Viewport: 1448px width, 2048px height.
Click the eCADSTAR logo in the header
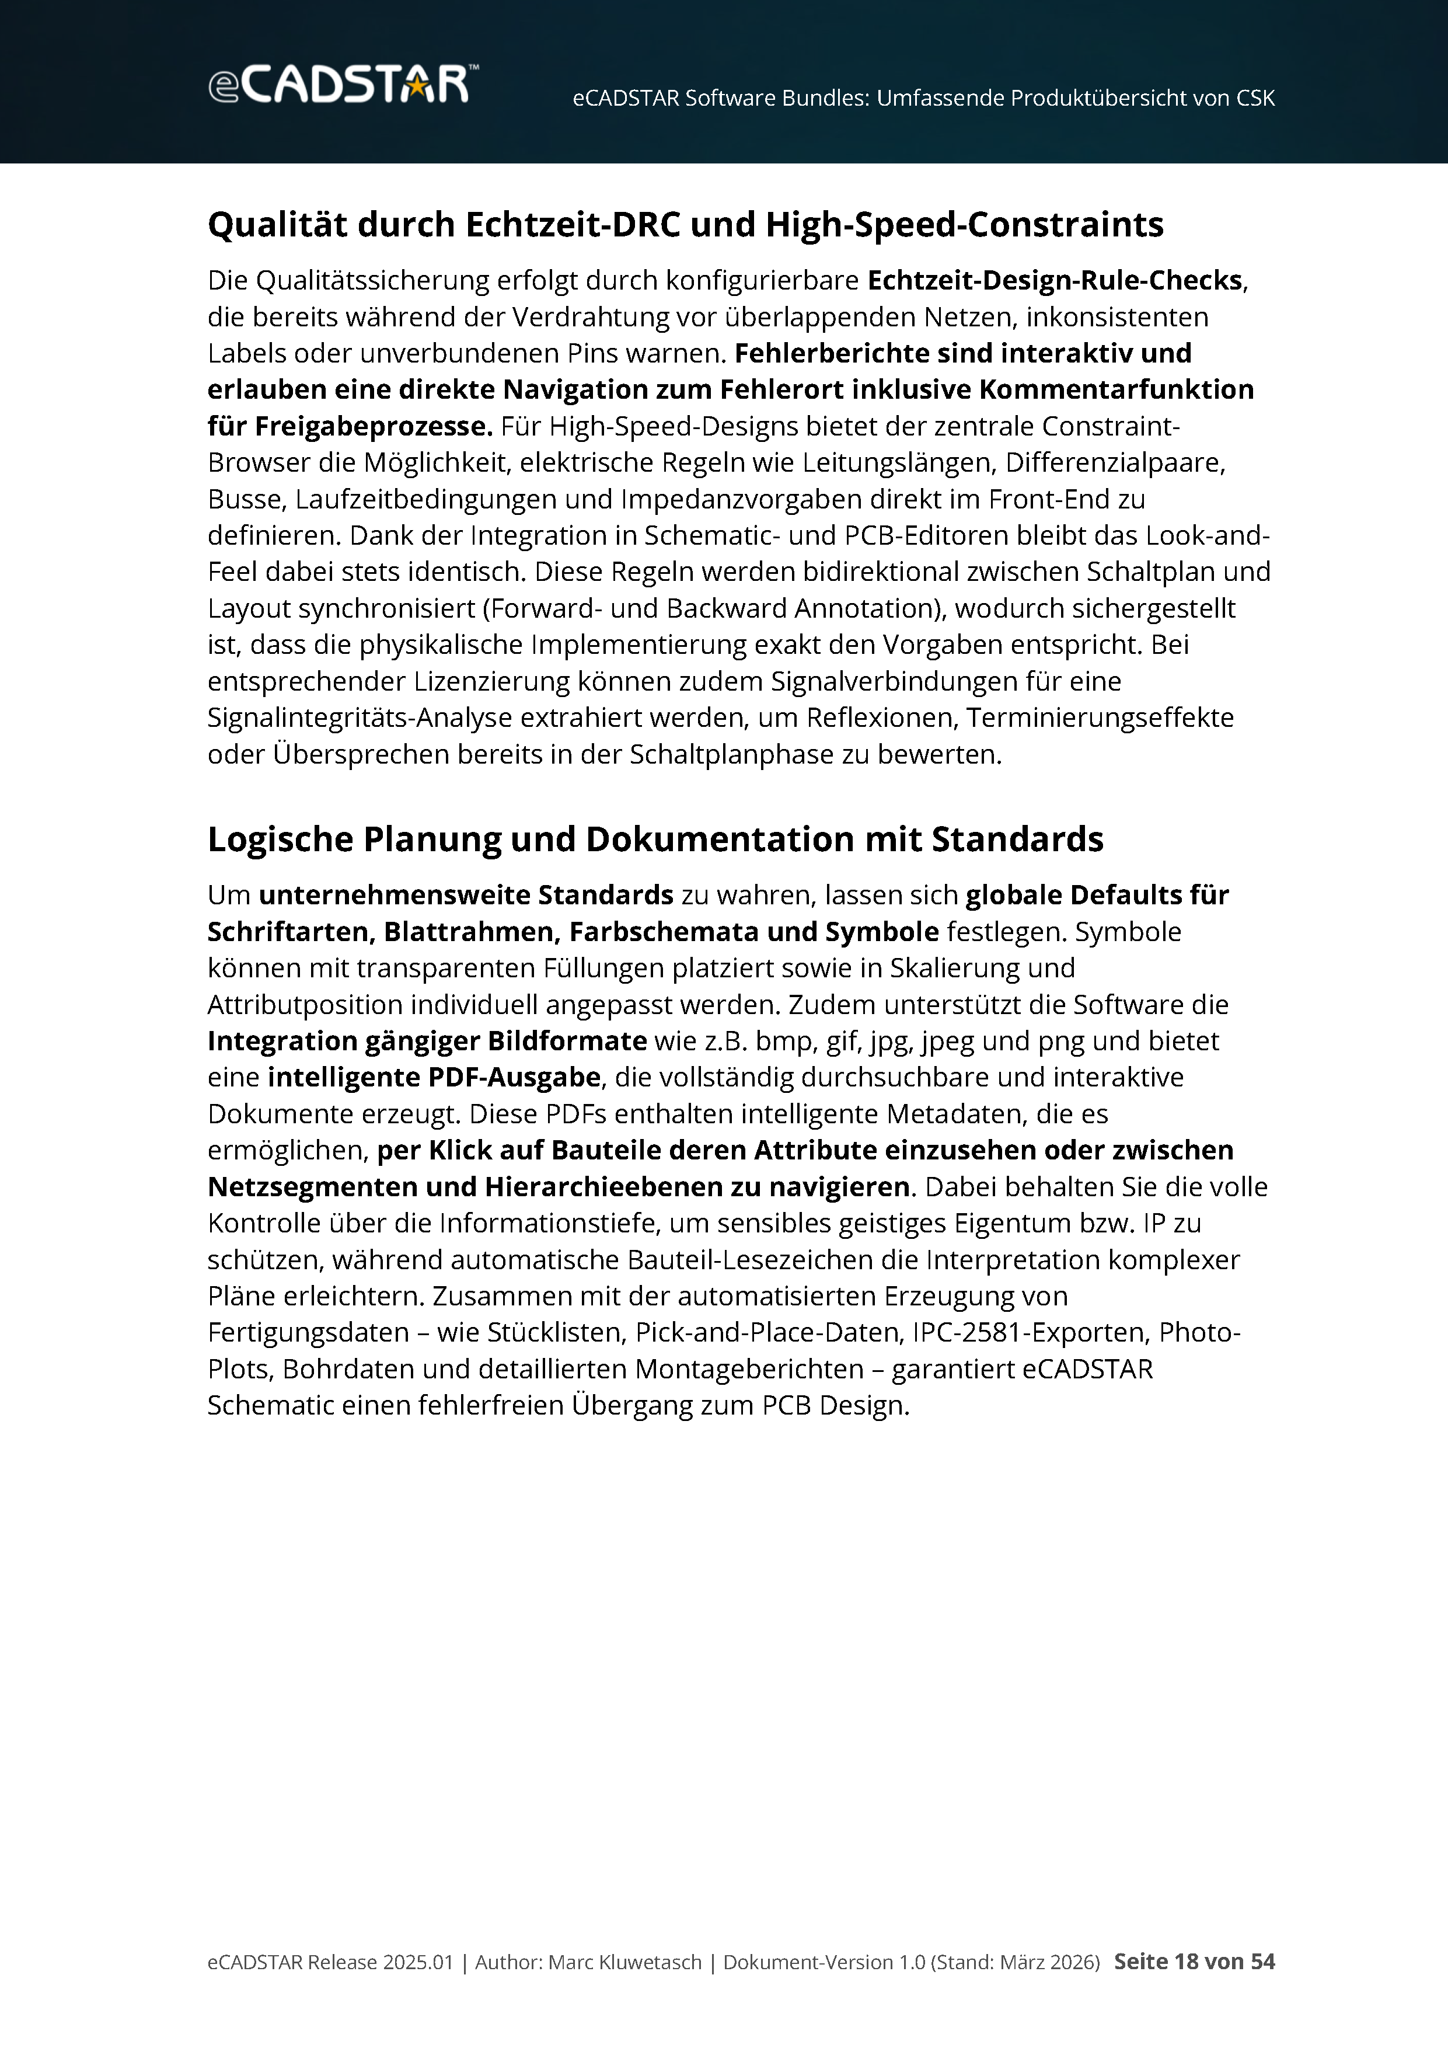(343, 85)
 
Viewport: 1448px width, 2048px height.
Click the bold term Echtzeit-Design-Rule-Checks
(1054, 280)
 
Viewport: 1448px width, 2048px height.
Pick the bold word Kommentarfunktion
(1115, 390)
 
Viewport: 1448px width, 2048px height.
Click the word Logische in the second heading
(280, 840)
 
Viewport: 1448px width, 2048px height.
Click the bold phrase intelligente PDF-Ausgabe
(433, 1078)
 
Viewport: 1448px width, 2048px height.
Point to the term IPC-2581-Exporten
(1030, 1333)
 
